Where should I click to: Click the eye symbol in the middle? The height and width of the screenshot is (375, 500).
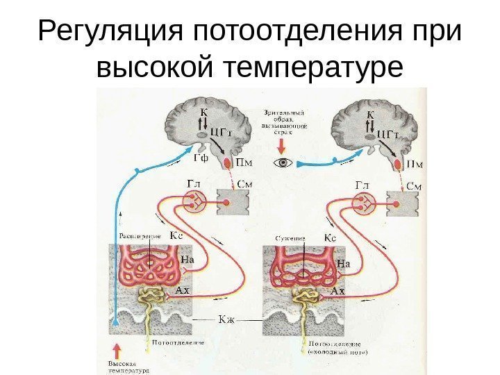(283, 163)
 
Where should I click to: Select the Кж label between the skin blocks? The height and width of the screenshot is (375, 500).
(228, 320)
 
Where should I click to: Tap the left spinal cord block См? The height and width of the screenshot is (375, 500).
(232, 205)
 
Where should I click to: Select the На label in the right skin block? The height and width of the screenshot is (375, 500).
(343, 264)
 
